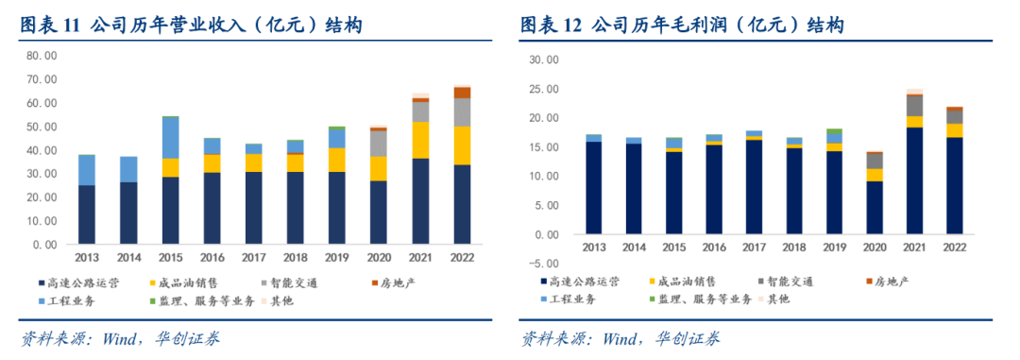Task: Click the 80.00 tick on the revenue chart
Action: tap(42, 56)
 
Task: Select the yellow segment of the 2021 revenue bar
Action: tap(421, 140)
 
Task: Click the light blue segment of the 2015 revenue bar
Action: tap(170, 138)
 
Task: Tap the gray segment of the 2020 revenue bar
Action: tap(379, 144)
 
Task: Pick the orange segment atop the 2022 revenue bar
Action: tap(462, 93)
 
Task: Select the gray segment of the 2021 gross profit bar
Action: tap(914, 106)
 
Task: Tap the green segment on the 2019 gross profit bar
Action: tap(834, 131)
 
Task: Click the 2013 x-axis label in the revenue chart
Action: tap(87, 256)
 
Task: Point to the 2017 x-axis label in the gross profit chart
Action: tap(754, 248)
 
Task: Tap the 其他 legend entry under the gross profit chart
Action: tap(774, 300)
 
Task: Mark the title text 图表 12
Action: tap(550, 26)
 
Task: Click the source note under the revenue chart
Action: tap(120, 339)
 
